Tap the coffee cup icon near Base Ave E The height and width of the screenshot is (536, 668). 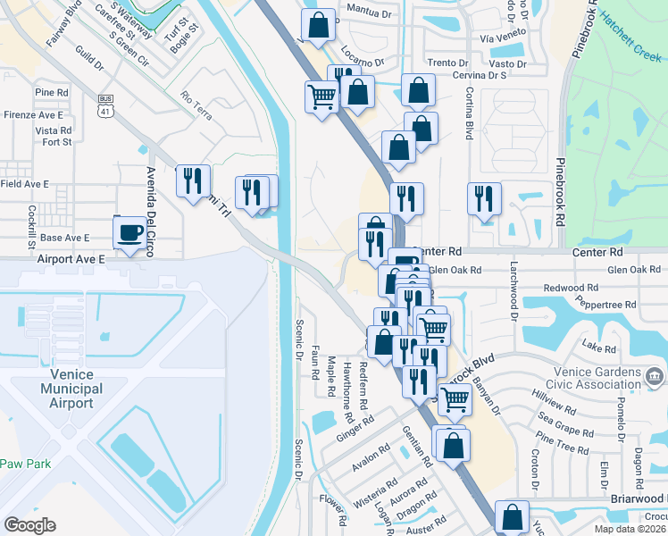[x=130, y=233]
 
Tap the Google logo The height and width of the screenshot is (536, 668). [x=29, y=525]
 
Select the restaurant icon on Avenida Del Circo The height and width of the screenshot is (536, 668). [x=193, y=181]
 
